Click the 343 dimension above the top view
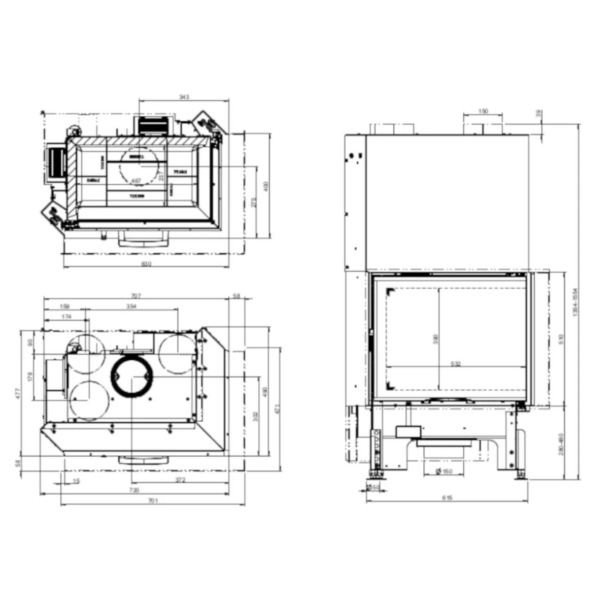(184, 97)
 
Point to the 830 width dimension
(146, 264)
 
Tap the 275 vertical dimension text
(253, 202)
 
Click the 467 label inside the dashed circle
(136, 181)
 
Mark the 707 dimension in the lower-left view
(136, 296)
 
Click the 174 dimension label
(66, 317)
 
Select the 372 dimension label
(180, 480)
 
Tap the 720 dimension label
(134, 491)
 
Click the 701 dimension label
(153, 501)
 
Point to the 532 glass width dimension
(455, 364)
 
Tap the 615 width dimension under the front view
(447, 498)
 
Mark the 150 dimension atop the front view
(483, 111)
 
